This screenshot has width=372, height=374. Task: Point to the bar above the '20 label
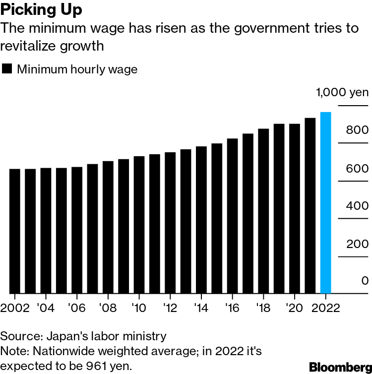294,208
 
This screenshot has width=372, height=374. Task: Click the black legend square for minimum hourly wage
7,69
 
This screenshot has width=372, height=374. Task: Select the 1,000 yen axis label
342,92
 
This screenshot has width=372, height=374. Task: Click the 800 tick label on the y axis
357,130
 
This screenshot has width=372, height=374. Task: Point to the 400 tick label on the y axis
357,206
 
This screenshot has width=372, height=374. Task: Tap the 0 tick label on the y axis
365,281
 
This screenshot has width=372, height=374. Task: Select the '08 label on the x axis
108,307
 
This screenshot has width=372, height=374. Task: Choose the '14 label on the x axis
201,307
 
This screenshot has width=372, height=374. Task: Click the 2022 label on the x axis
325,307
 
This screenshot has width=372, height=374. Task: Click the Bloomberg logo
340,367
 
